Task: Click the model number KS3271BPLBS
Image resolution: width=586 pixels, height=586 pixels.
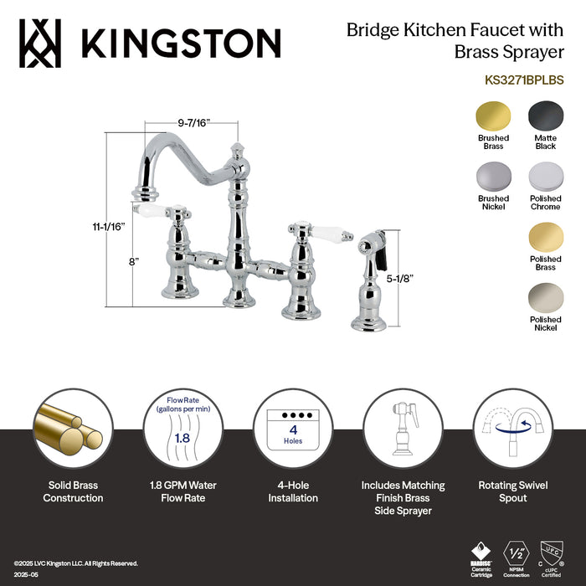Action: pos(524,81)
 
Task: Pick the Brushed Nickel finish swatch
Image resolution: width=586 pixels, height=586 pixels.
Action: pos(493,177)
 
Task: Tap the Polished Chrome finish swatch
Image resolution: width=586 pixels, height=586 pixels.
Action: pos(545,177)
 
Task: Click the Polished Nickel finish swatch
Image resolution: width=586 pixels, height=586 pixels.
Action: pos(545,298)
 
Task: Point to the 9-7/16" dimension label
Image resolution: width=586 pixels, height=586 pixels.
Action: pos(194,122)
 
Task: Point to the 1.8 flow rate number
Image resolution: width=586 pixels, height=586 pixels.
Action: pos(180,436)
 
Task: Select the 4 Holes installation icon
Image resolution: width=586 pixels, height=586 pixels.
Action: pos(292,427)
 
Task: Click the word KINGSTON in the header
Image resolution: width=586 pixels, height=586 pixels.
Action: pos(180,43)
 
